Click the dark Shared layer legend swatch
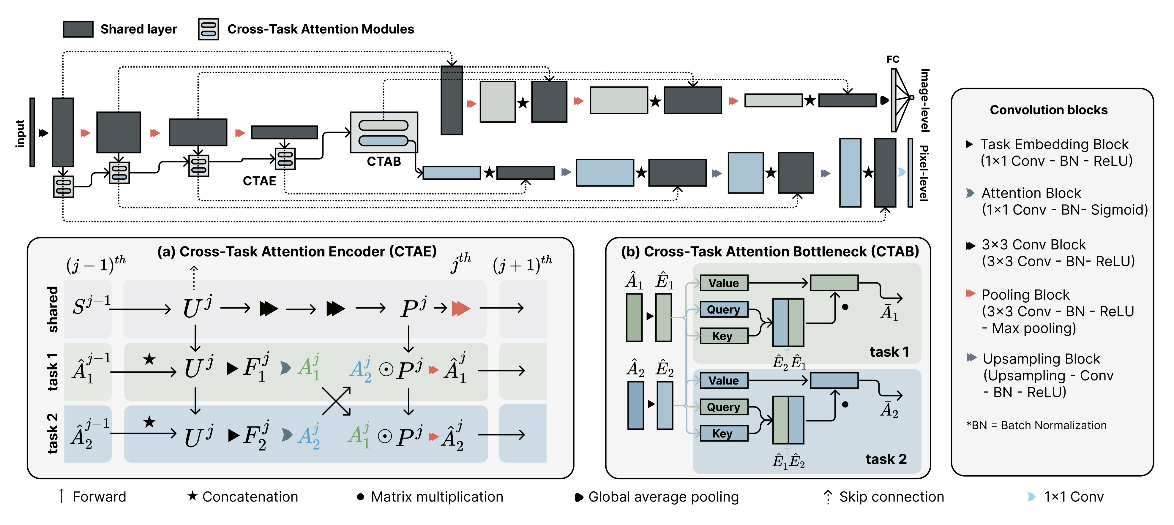pos(78,29)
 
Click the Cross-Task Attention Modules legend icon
pos(208,29)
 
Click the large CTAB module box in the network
pos(384,132)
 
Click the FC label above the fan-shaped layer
pos(893,59)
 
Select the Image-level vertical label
pos(924,100)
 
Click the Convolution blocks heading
pos(1048,110)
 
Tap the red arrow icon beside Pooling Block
pos(970,293)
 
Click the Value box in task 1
pos(724,283)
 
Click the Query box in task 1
pos(724,309)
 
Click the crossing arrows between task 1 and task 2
pos(336,401)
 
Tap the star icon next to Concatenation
pos(192,496)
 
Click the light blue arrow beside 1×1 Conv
pos(1031,496)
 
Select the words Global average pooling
pos(663,497)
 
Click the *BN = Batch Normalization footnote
pos(1036,425)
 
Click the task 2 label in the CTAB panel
pos(886,459)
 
